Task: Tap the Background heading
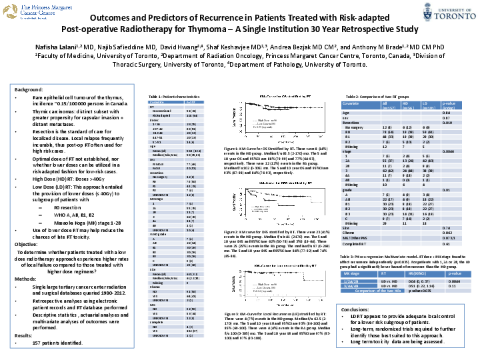(x=29, y=89)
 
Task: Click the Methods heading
(x=26, y=277)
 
